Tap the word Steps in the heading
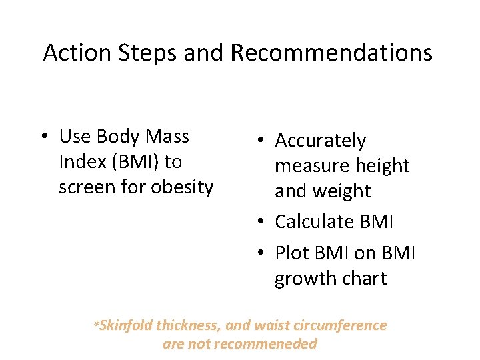tap(143, 53)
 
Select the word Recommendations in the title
tap(331, 53)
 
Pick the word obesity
tap(181, 187)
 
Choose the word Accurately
tap(321, 141)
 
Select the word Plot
tap(291, 253)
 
